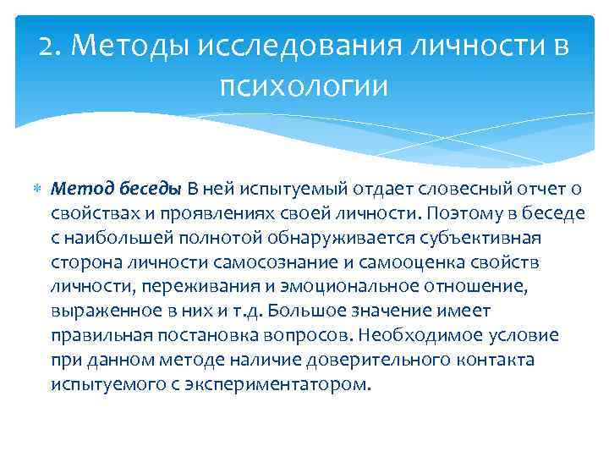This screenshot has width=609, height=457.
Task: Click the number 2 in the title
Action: click(x=46, y=48)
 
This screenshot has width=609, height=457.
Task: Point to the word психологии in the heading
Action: click(x=304, y=85)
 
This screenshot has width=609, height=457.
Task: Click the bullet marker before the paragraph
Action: click(x=36, y=188)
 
